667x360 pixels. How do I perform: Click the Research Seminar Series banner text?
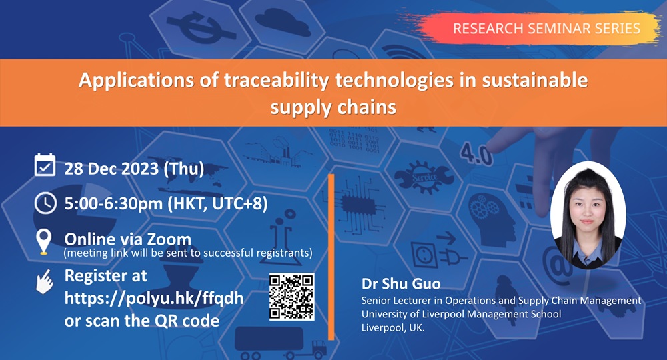[x=546, y=28]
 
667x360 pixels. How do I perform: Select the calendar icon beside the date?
[x=45, y=165]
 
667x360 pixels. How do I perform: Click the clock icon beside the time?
[x=45, y=203]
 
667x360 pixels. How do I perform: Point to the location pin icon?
[x=44, y=242]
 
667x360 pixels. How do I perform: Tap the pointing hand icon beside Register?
[x=45, y=281]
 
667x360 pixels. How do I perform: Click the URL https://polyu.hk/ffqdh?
[x=153, y=298]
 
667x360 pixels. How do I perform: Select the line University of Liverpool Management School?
[x=461, y=314]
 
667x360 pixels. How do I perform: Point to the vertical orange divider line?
[x=331, y=257]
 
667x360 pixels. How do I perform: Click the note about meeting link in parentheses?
[x=188, y=253]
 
